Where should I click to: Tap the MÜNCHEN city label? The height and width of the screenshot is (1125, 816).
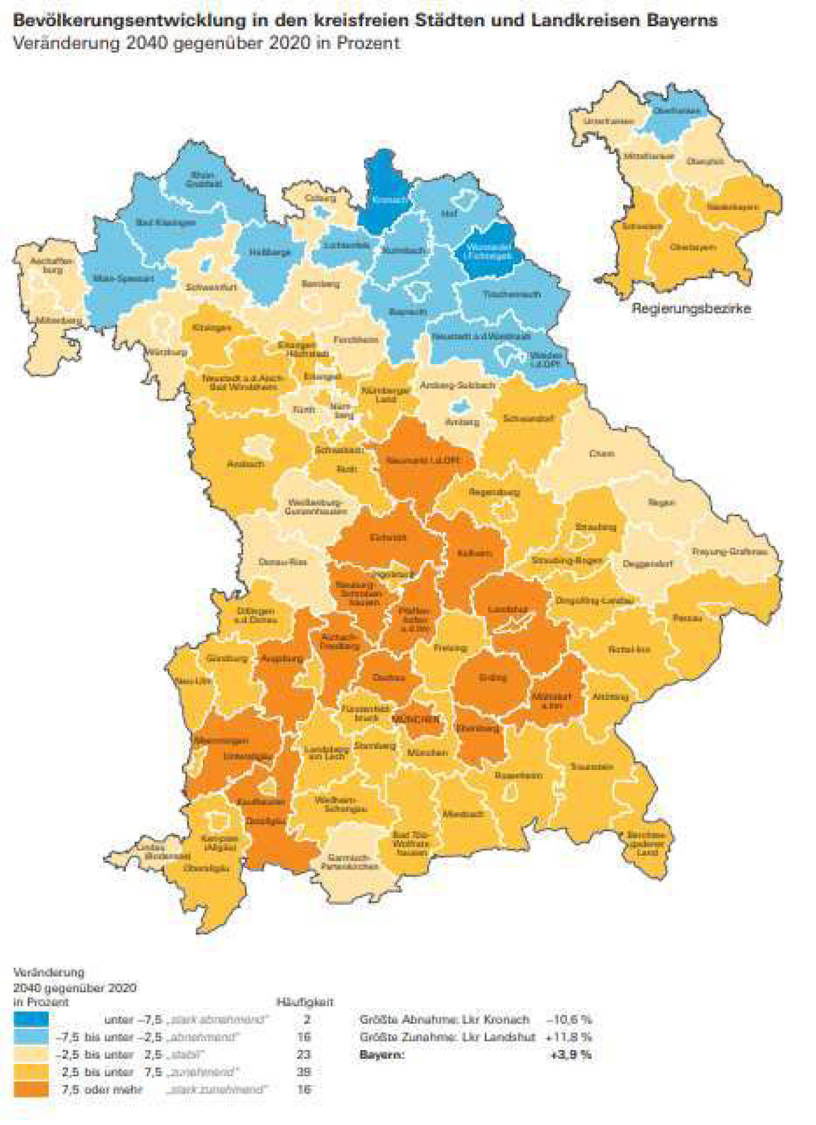coord(416,719)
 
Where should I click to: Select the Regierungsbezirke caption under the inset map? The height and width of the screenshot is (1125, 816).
coord(691,309)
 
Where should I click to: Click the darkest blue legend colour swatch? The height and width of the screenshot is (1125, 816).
coord(31,1019)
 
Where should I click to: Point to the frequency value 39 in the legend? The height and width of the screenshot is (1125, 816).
coord(304,1072)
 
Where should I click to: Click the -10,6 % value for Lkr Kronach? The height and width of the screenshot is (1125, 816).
coord(569,1019)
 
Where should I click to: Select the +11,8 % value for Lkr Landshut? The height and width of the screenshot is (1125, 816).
coord(569,1037)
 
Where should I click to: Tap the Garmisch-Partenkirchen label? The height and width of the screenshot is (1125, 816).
coord(349,862)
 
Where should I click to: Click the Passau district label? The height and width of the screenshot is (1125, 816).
coord(687,618)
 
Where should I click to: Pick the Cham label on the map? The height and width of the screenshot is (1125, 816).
coord(602,453)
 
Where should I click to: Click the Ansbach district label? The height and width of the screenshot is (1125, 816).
coord(245,464)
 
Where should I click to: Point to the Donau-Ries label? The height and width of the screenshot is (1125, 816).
coord(282,562)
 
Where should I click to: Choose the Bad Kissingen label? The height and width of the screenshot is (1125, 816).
coord(166,222)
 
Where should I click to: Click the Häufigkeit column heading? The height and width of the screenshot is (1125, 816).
coord(305,1002)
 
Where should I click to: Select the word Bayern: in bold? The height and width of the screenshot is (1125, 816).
coord(382,1054)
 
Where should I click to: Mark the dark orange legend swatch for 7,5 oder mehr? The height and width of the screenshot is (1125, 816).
coord(31,1089)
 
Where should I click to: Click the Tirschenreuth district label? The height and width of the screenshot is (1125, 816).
coord(512,294)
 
